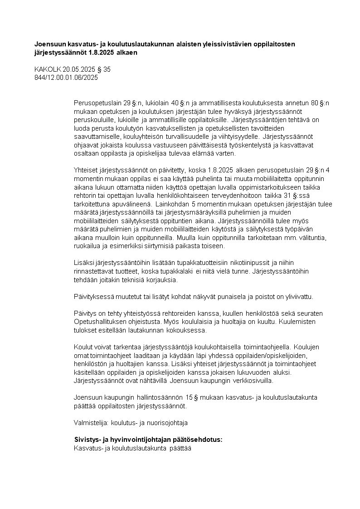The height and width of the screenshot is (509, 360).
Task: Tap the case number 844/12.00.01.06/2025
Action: click(66, 78)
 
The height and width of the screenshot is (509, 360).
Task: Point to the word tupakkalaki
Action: click(175, 271)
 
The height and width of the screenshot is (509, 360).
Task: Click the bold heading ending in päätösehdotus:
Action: click(148, 440)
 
